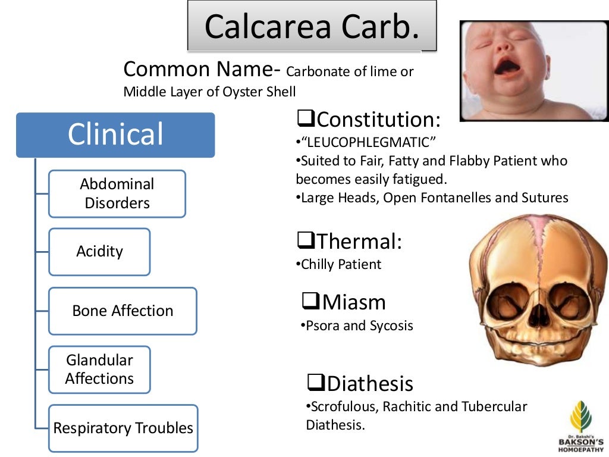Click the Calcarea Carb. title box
point(312,26)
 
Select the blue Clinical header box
point(115,134)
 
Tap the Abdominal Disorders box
point(117,193)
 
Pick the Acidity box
point(99,252)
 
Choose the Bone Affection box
point(123,311)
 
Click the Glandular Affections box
point(99,369)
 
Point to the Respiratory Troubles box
point(123,428)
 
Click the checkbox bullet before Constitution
point(306,120)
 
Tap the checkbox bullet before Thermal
point(306,241)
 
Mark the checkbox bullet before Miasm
point(311,302)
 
